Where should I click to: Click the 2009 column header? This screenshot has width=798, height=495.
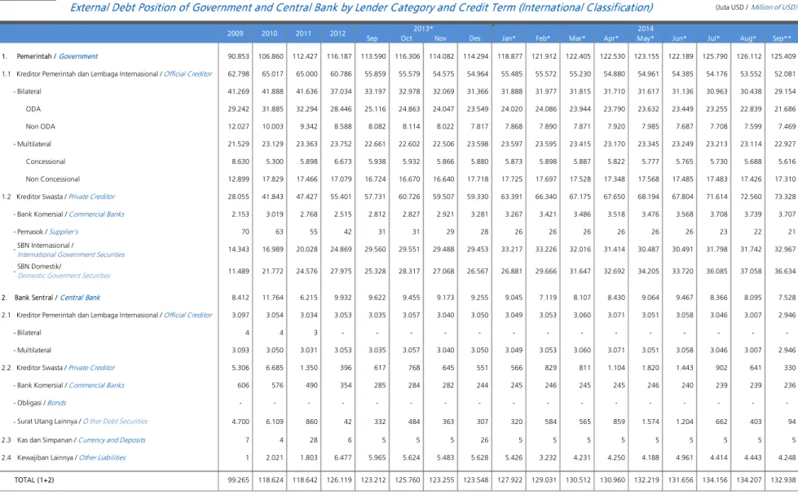pyautogui.click(x=235, y=33)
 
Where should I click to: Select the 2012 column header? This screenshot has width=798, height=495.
pyautogui.click(x=337, y=33)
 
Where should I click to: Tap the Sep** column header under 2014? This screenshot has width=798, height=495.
pyautogui.click(x=782, y=38)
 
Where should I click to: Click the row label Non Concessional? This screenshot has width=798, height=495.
pyautogui.click(x=53, y=179)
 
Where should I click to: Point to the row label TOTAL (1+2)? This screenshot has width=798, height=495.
pyautogui.click(x=34, y=480)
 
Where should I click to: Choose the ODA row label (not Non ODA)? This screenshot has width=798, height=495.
pyautogui.click(x=33, y=109)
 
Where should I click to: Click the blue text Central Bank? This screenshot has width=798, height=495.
pyautogui.click(x=80, y=298)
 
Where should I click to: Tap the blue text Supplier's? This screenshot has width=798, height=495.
pyautogui.click(x=64, y=232)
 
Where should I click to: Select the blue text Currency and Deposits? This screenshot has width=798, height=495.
pyautogui.click(x=112, y=440)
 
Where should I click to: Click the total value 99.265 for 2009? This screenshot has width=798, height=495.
pyautogui.click(x=238, y=480)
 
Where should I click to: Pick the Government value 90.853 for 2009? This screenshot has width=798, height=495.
pyautogui.click(x=238, y=56)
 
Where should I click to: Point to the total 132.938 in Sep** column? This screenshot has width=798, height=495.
pyautogui.click(x=783, y=480)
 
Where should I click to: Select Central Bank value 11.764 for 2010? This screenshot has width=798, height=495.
pyautogui.click(x=273, y=298)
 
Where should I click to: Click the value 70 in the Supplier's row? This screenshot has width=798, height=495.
pyautogui.click(x=245, y=232)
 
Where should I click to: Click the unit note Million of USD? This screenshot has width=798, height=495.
pyautogui.click(x=774, y=7)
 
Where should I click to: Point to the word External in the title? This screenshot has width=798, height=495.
pyautogui.click(x=89, y=7)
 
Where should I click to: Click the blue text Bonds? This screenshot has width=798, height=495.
pyautogui.click(x=56, y=403)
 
